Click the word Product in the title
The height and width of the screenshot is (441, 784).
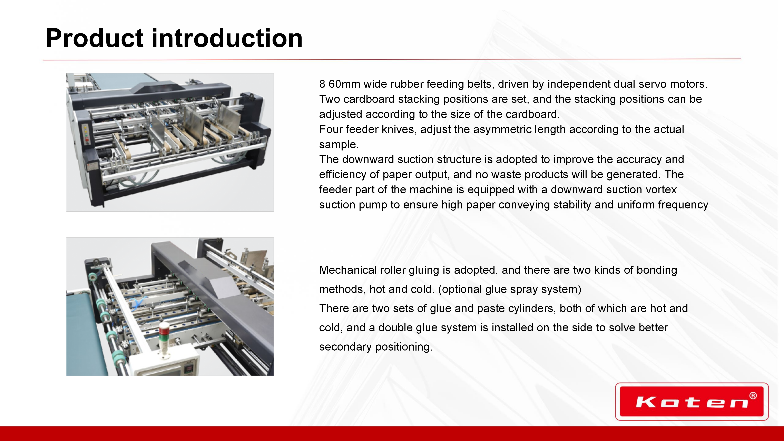[94, 38]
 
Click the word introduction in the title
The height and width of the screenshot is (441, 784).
[227, 38]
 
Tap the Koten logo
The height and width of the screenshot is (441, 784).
[692, 401]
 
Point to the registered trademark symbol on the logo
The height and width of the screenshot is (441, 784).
[753, 396]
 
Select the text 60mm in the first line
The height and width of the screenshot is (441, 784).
[344, 84]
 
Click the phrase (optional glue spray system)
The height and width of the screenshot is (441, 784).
[509, 289]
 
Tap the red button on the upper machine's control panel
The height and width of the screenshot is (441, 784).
[87, 139]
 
